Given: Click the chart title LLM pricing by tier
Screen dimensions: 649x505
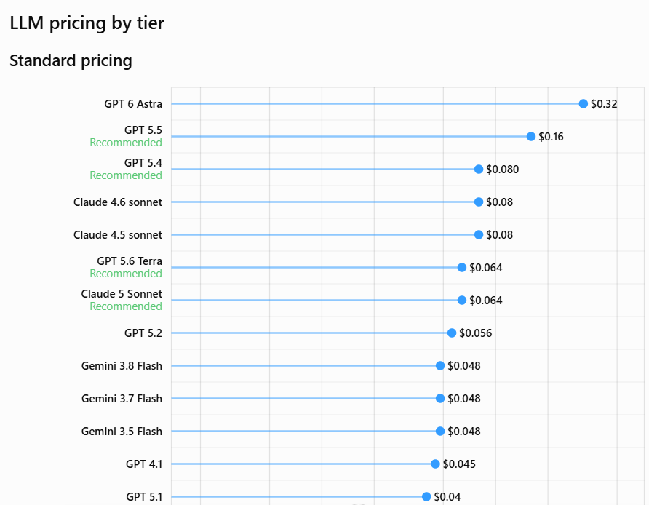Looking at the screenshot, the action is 87,23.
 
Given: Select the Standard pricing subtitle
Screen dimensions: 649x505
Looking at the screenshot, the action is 71,61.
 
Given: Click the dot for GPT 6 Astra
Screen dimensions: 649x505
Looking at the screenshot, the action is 584,104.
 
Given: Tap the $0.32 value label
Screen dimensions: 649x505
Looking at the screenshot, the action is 604,104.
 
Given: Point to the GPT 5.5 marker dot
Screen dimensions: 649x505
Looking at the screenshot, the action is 531,137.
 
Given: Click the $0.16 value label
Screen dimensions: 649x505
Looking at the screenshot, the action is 551,137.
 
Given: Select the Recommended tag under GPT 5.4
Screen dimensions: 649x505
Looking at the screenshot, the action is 126,175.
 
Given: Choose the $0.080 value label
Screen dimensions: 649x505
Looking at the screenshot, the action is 503,170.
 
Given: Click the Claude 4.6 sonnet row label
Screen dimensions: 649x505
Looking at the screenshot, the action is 118,202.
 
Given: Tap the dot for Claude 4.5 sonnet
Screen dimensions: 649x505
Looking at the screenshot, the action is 479,235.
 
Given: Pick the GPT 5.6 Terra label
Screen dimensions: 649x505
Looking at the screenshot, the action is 130,261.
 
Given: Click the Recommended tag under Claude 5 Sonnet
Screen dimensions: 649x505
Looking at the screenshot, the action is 126,306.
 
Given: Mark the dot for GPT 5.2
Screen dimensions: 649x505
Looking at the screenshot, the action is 452,333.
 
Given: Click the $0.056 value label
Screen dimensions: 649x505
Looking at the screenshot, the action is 476,333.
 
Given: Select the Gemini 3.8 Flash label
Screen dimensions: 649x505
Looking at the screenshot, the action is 122,366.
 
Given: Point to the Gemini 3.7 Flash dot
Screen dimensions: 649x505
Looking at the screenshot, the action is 440,398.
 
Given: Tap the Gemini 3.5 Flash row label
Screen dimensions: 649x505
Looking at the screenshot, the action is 122,432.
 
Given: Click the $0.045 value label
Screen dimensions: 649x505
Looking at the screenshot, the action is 459,464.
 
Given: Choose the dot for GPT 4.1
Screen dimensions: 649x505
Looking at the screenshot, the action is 435,464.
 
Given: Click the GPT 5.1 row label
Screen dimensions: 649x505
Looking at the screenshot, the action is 144,497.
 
